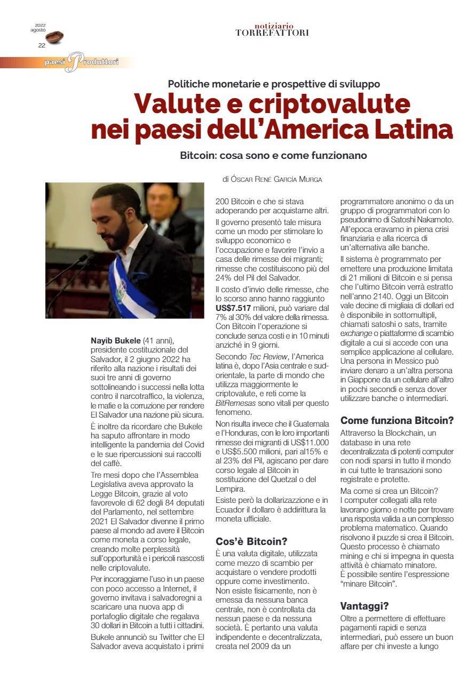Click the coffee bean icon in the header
[x=54, y=37]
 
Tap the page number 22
[x=41, y=45]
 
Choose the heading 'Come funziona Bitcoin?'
[x=396, y=420]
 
